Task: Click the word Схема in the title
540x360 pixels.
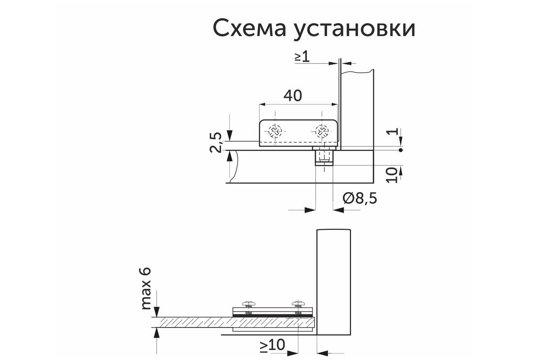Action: pos(249,28)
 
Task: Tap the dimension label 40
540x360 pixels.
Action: pos(292,95)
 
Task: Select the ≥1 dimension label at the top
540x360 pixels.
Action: pos(302,57)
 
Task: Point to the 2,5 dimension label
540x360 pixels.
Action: pos(216,142)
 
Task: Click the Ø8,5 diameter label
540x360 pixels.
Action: pos(360,198)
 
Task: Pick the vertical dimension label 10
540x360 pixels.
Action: pos(391,175)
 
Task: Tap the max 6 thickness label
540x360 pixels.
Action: pos(146,288)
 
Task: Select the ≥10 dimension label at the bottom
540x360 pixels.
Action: pos(272,346)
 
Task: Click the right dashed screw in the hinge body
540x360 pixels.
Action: pos(322,132)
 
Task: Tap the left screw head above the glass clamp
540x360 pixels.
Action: pos(249,304)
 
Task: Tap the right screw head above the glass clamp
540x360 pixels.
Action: pos(298,304)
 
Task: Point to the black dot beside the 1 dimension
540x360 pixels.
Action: pos(400,150)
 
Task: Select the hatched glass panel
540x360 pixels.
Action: pos(233,322)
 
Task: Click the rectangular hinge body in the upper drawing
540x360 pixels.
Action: pos(298,133)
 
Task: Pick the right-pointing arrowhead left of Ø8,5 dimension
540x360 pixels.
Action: pos(310,210)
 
